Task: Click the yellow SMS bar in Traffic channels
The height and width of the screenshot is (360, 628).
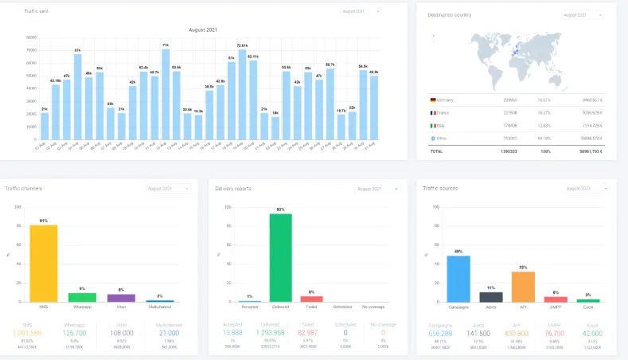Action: click(x=44, y=263)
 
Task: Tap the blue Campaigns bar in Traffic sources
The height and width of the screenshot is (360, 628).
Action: click(x=458, y=278)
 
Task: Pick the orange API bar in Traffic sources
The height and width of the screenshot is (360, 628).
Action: click(x=522, y=286)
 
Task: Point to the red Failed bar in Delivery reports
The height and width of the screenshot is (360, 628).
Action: click(x=312, y=299)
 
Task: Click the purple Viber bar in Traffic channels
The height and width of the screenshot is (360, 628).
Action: click(x=121, y=297)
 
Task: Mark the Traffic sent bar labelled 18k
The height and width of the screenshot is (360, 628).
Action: click(x=275, y=130)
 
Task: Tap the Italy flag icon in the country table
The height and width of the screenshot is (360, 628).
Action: click(x=433, y=124)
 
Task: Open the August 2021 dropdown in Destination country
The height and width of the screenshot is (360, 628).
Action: click(x=583, y=14)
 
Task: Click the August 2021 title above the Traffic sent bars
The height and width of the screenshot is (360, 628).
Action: click(x=203, y=29)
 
